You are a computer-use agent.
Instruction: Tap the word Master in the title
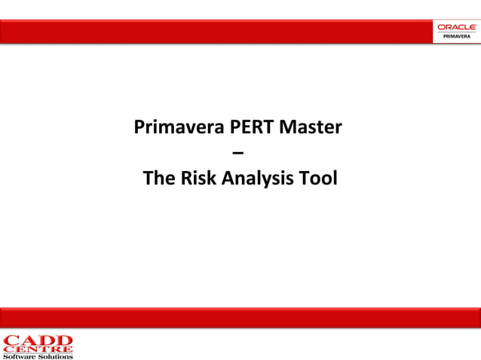[x=311, y=127]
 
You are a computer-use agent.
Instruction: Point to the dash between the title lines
[x=239, y=154]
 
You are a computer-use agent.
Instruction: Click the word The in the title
[x=159, y=179]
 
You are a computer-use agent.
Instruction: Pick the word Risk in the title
[x=200, y=179]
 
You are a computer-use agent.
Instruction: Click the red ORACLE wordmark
[x=456, y=27]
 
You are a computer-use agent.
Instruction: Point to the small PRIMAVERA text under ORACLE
[x=456, y=35]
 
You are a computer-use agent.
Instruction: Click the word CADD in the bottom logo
[x=38, y=340]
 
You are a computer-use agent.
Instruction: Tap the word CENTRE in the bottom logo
[x=38, y=349]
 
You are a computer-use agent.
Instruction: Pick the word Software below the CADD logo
[x=21, y=356]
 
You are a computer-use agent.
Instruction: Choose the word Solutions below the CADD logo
[x=56, y=356]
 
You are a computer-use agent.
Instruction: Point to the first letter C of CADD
[x=11, y=340]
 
